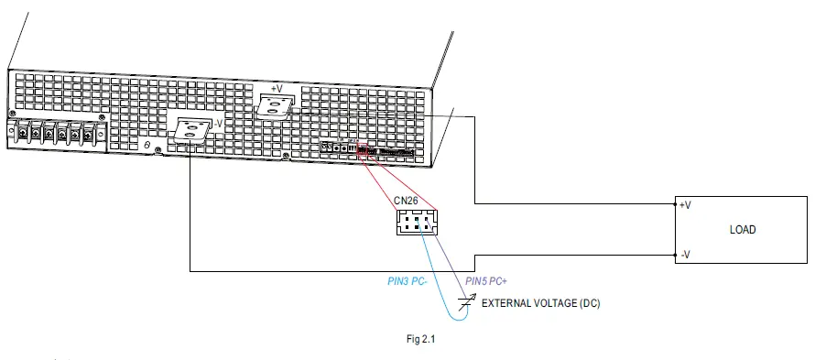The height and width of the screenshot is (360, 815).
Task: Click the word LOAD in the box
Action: coord(743,229)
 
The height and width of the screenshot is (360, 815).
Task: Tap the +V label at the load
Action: coord(686,205)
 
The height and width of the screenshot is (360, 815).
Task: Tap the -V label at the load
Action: coord(686,255)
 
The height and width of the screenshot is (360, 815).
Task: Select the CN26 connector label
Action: coord(407,200)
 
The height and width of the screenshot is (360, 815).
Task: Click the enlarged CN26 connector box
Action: coord(418,223)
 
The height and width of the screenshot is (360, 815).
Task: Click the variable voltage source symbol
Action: coord(469,302)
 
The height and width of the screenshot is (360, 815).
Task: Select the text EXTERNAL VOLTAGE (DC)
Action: coord(541,303)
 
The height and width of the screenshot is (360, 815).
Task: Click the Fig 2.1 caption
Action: coord(420,339)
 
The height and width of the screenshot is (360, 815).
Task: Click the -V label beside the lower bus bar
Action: coord(218,125)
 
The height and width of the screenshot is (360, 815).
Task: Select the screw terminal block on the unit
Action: coord(55,135)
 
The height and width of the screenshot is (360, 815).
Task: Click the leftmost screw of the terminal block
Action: coord(21,135)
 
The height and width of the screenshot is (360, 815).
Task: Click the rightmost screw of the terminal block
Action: coord(89,136)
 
